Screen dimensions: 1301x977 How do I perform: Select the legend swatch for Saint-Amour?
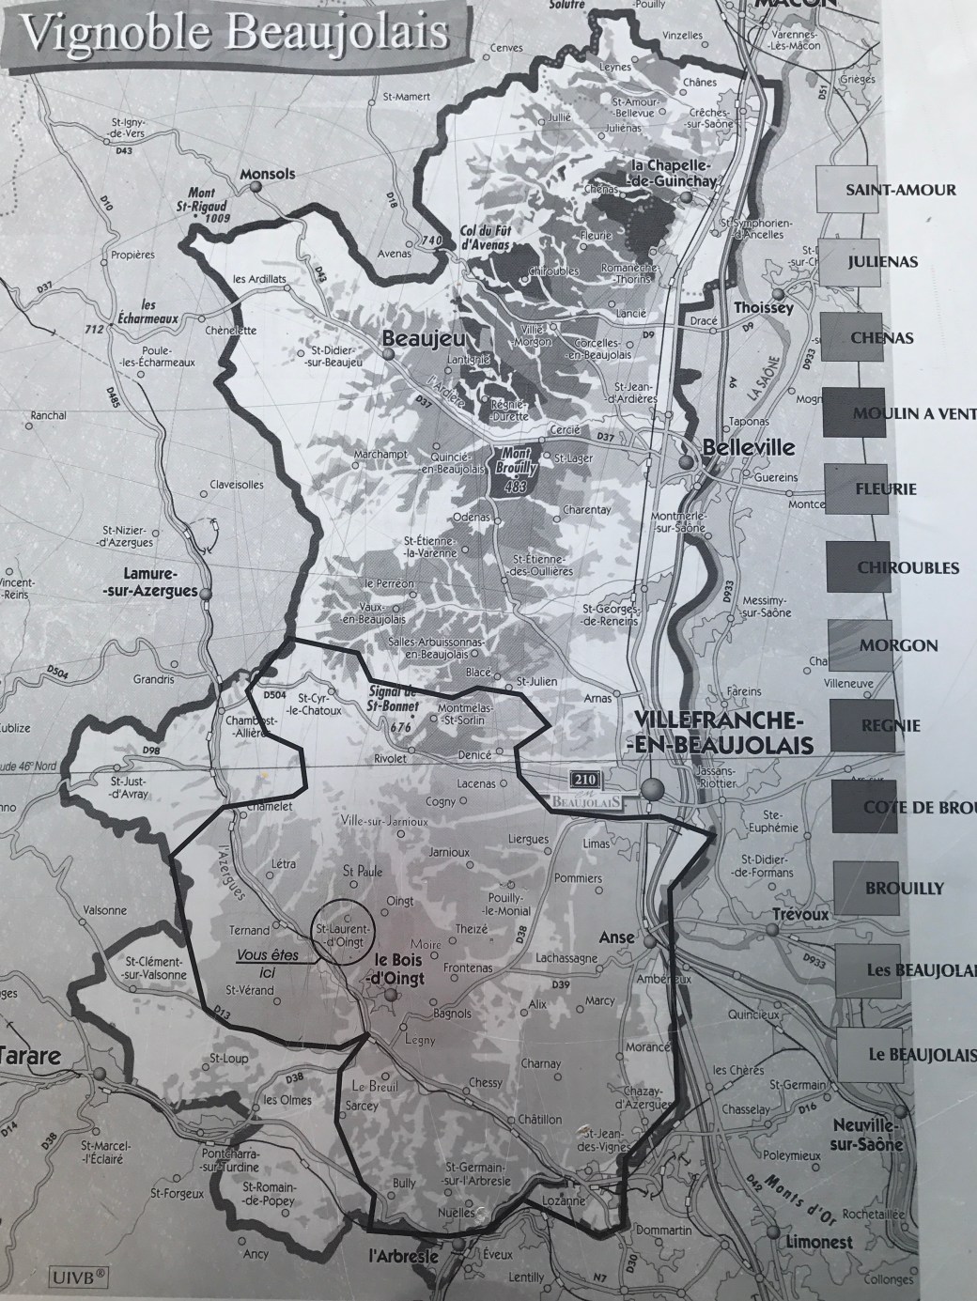(x=843, y=190)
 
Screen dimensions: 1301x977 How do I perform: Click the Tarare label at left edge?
(x=31, y=1056)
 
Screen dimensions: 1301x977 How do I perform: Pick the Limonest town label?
(x=815, y=1243)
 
